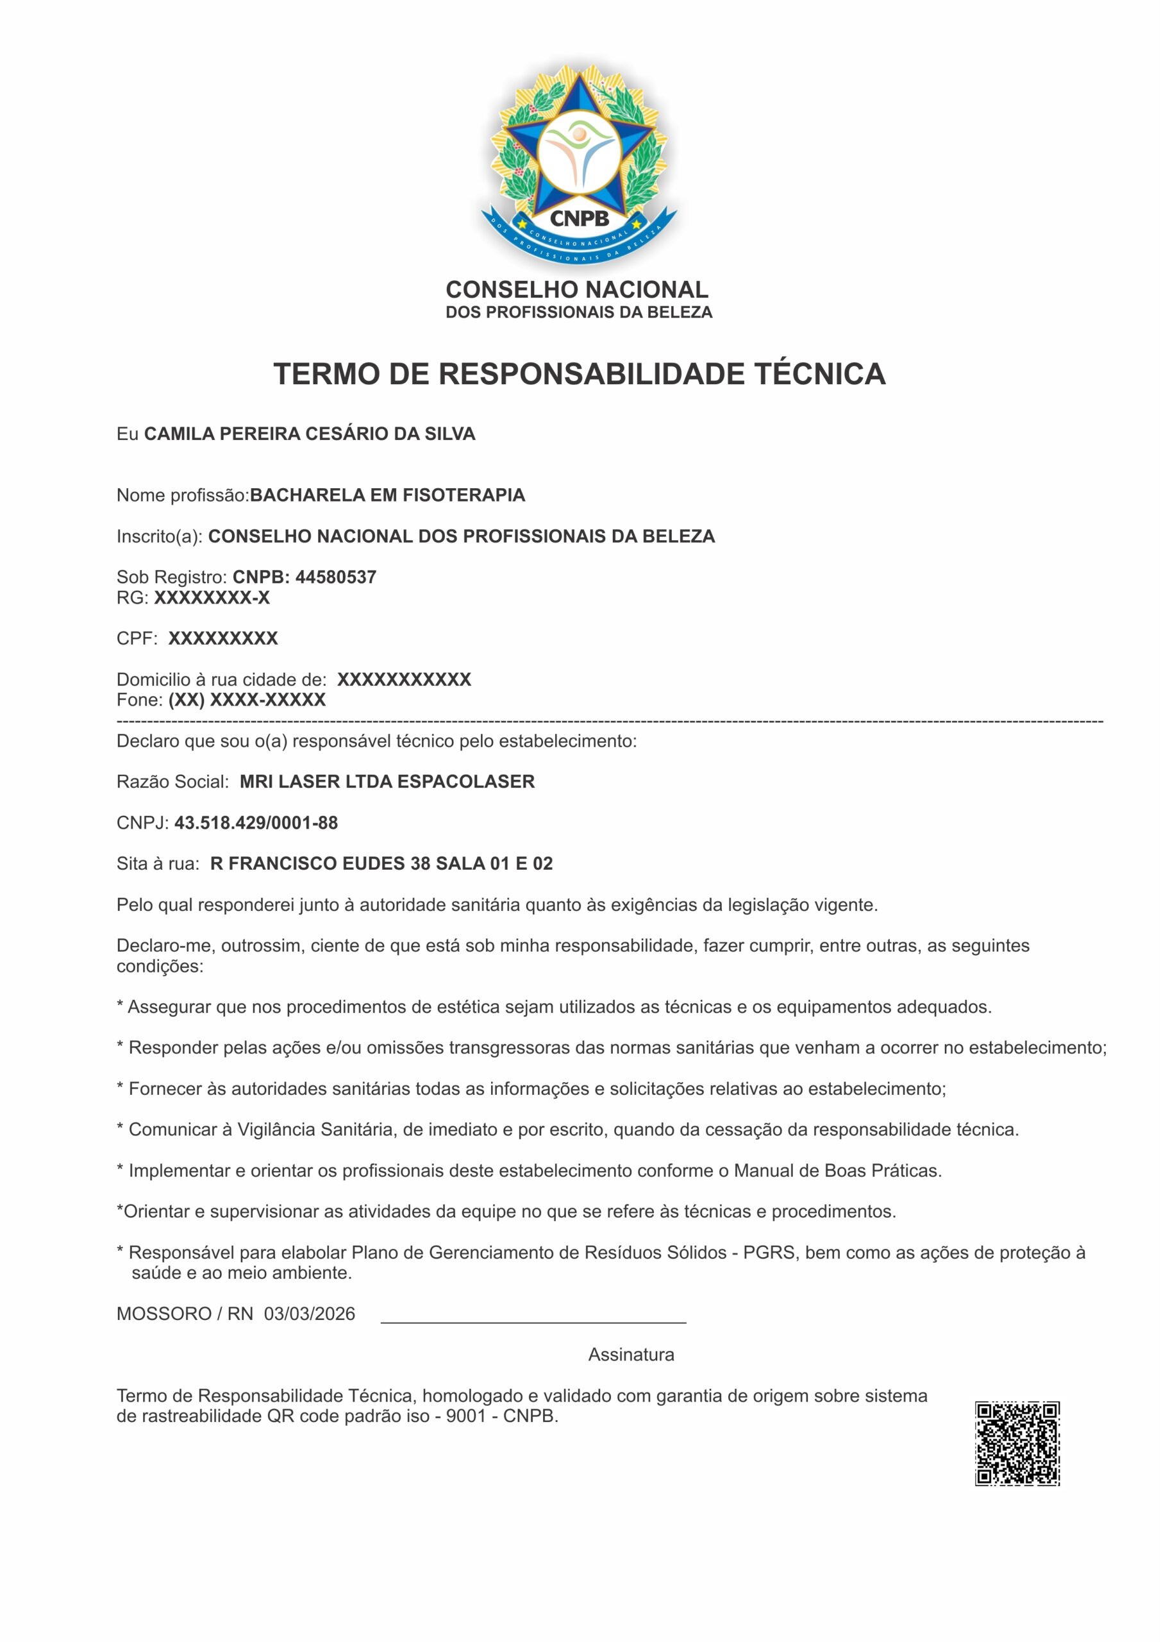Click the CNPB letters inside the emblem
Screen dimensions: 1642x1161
click(579, 218)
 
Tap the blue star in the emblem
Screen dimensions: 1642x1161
click(579, 147)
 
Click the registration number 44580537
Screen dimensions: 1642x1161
click(336, 577)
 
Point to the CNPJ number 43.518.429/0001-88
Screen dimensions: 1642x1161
click(256, 822)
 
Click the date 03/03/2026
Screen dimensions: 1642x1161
click(310, 1314)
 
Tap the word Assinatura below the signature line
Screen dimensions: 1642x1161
click(631, 1355)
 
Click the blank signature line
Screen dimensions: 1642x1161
click(533, 1320)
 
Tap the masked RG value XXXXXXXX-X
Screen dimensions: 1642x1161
click(212, 598)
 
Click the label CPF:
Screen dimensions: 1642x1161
click(137, 639)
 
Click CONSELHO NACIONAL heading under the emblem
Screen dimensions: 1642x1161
click(577, 290)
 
